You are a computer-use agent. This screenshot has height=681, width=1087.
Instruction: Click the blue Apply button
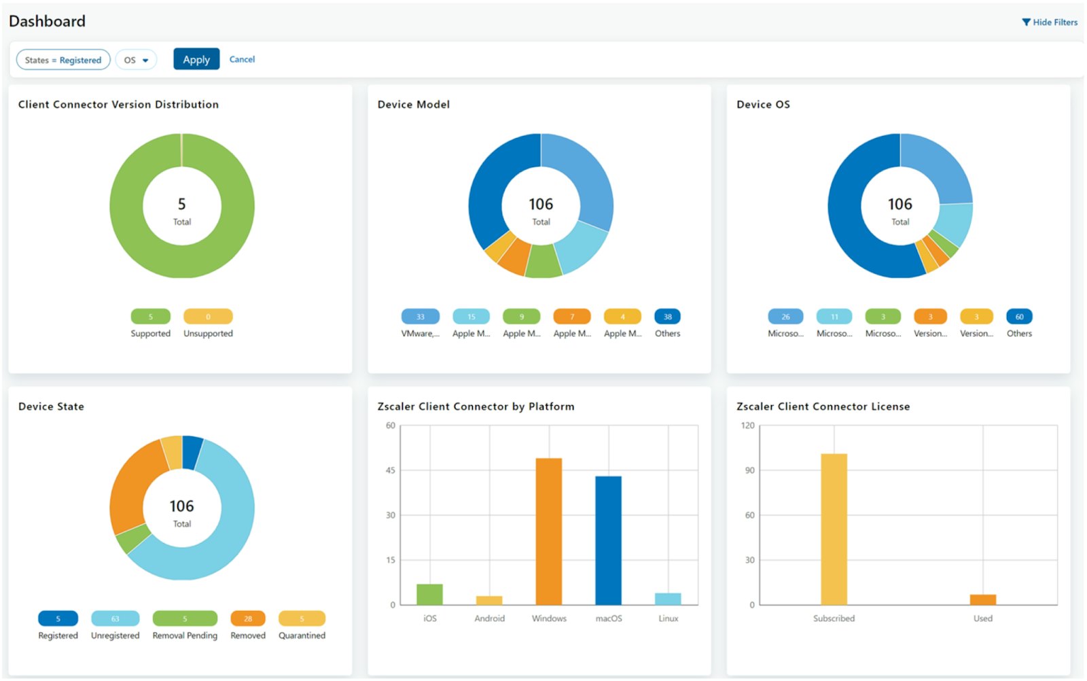196,59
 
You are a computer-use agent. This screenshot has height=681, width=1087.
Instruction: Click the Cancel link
242,59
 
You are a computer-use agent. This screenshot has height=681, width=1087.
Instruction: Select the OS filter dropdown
136,60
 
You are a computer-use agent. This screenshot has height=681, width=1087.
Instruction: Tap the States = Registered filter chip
63,60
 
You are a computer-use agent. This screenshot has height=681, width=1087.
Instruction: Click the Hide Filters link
1050,22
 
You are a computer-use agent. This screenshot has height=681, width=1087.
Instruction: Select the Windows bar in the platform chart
548,531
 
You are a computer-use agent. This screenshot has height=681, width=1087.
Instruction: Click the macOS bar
608,540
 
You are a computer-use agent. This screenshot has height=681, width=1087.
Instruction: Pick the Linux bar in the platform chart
668,599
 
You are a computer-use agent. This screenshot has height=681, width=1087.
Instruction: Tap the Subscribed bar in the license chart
834,529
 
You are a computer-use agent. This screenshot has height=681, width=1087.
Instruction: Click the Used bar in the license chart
982,599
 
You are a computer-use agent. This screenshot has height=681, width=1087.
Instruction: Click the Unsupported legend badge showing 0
208,316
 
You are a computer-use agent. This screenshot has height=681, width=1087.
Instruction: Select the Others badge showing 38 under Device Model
667,316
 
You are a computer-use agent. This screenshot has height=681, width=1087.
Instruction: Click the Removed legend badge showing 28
248,618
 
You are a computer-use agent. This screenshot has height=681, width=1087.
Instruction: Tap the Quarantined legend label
302,635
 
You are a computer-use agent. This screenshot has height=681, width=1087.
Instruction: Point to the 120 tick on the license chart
747,425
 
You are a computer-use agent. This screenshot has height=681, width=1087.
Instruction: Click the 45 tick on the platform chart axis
390,470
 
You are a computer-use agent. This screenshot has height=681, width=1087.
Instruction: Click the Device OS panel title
763,104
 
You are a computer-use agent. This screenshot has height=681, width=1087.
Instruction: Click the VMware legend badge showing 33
420,316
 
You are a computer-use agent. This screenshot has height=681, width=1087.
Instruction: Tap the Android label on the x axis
489,618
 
